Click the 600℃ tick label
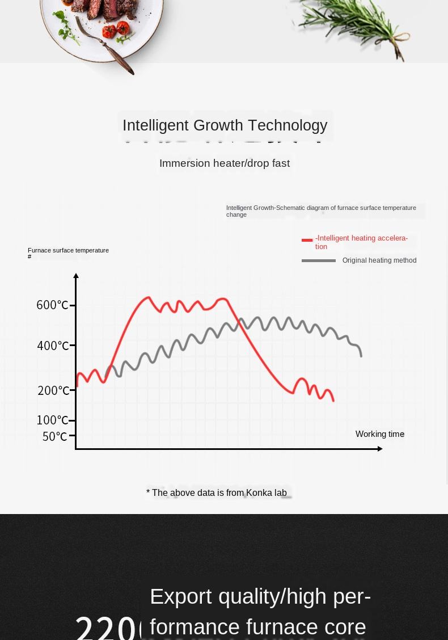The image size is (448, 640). coord(52,305)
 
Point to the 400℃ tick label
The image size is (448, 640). coord(53,346)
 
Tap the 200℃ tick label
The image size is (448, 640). coord(53,390)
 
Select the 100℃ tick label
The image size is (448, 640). coord(52,420)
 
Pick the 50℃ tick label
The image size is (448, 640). coord(55,436)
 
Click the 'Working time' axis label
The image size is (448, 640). coord(379,434)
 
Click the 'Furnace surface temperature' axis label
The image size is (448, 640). coord(68,250)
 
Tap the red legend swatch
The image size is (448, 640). coord(307,240)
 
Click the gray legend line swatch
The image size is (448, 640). coord(318,260)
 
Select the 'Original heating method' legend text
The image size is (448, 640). coord(379,260)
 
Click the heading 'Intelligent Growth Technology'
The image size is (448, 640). coord(225,125)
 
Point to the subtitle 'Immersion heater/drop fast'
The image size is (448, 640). coord(225,163)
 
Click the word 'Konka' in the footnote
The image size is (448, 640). coord(259,493)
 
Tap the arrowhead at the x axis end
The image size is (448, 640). coord(380,449)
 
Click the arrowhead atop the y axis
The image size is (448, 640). coord(76,276)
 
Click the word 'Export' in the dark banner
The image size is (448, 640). coord(180,596)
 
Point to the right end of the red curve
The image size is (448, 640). coord(333,401)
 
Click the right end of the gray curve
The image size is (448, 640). coord(361,356)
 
